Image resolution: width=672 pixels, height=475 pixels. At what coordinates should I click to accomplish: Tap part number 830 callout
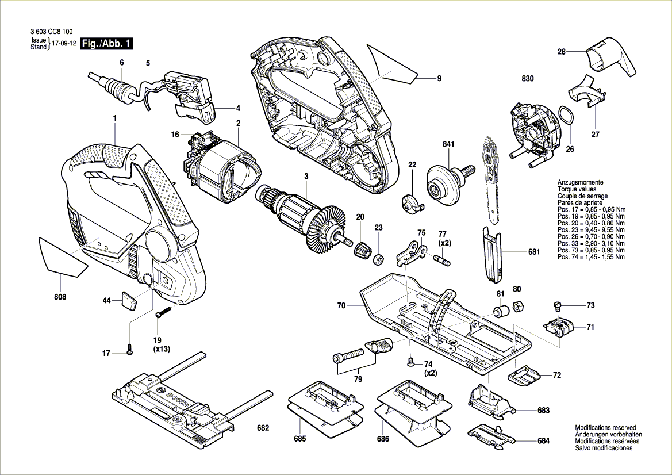(528, 78)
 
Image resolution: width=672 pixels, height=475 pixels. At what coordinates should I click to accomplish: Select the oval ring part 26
(566, 116)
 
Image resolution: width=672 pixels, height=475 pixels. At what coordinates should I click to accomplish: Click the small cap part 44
(128, 300)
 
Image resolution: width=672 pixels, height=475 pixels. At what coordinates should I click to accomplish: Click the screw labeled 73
(556, 305)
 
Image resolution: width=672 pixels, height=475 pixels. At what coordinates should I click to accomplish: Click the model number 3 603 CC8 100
(53, 32)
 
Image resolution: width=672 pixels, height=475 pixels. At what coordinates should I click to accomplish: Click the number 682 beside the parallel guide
(263, 428)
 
